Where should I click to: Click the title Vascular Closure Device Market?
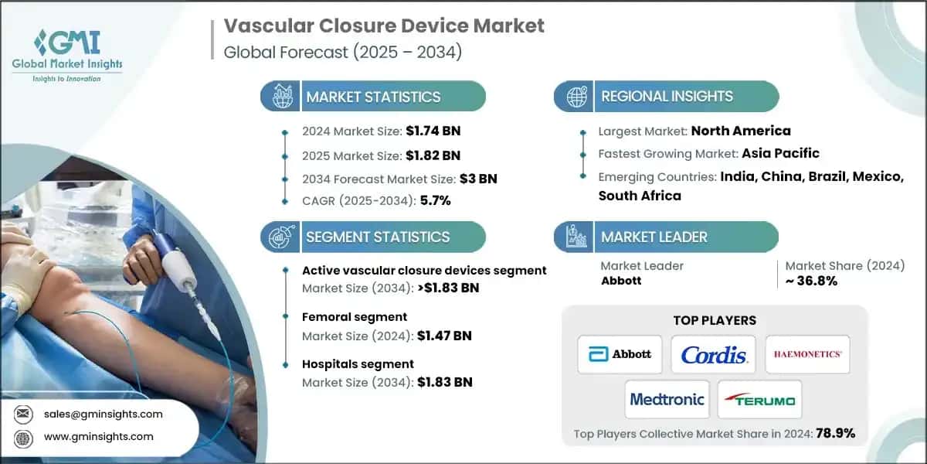384,26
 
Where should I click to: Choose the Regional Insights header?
667,97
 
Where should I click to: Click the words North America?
740,131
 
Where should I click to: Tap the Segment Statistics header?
377,237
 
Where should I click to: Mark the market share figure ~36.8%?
812,281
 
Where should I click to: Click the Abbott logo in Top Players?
620,354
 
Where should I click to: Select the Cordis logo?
714,354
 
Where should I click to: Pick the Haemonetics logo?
807,354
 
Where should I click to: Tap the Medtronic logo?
667,399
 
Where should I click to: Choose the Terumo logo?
760,399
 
